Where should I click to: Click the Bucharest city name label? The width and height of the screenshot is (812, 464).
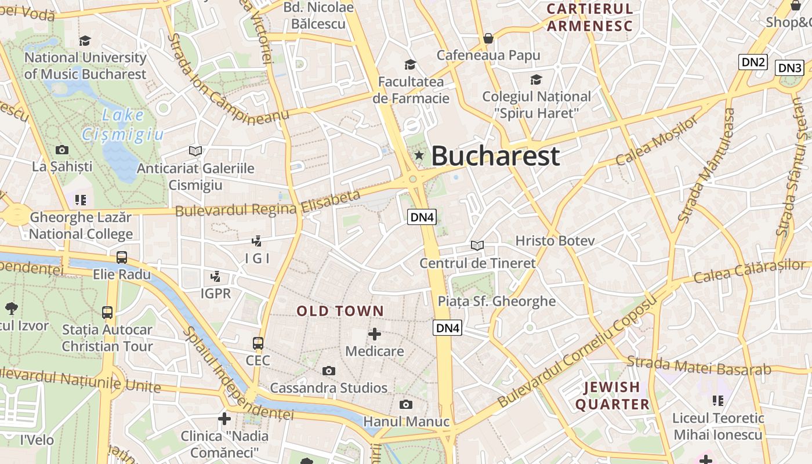point(495,155)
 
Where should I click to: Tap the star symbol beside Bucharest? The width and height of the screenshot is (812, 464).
point(419,155)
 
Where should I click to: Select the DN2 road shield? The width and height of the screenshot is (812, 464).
point(753,62)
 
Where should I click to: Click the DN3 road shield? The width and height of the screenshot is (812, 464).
point(789,68)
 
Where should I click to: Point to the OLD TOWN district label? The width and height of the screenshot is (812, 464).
point(340,311)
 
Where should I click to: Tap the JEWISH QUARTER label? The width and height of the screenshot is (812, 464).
point(612,396)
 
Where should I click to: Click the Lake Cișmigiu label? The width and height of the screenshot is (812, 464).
point(123,125)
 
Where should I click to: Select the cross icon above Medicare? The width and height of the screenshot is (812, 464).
point(375,334)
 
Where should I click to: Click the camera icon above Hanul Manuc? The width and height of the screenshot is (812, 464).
point(406,404)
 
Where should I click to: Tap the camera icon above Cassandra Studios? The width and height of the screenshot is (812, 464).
point(329,371)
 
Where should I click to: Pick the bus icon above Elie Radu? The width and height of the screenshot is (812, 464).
point(122,257)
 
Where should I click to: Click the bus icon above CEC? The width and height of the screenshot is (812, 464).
point(258,343)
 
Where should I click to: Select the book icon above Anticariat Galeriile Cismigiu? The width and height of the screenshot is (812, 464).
point(195,151)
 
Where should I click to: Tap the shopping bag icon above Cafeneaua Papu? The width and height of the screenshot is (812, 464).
point(488,38)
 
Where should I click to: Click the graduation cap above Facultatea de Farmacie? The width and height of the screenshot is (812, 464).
point(411,64)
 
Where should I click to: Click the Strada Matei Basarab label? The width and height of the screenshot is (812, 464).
point(699,366)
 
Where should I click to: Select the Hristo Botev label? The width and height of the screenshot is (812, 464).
point(555,241)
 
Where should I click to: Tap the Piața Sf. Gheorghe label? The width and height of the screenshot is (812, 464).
point(496,301)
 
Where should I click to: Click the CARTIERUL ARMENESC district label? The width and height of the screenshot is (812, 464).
point(589,17)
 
